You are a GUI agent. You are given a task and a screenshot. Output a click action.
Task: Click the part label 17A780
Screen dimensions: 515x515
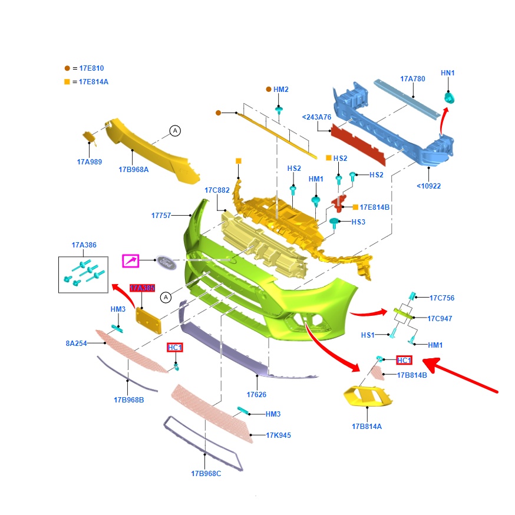click(412, 79)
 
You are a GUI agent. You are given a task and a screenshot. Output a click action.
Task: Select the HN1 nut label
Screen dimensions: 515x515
click(448, 73)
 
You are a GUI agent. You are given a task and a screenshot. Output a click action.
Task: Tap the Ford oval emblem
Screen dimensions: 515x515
click(166, 262)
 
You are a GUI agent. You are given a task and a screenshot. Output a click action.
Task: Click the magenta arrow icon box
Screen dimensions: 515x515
click(131, 261)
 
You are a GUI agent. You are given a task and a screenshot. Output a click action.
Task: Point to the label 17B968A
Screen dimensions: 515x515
click(134, 170)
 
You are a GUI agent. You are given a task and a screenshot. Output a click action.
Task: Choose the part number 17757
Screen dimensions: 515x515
click(161, 216)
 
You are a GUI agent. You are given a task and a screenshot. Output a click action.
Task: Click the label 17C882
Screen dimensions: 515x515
click(217, 190)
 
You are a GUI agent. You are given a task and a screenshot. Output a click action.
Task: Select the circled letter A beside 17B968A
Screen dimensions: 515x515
click(175, 131)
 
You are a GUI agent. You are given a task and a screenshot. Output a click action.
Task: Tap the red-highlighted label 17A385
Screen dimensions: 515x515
click(142, 288)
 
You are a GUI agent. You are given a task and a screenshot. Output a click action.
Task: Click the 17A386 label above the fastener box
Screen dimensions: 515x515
click(84, 245)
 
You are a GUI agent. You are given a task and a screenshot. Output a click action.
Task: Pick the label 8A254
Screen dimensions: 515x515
click(76, 343)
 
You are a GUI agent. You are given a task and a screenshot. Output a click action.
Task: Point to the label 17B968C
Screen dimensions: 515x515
click(206, 473)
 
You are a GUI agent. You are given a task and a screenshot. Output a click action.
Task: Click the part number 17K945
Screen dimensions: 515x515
click(279, 435)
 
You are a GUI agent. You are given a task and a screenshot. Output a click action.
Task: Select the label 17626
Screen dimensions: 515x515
click(256, 394)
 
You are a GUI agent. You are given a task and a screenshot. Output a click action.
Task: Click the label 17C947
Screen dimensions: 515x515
click(440, 319)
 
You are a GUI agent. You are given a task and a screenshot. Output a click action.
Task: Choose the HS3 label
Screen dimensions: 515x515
click(358, 222)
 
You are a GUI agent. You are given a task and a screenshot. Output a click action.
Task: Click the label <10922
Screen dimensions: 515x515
click(428, 186)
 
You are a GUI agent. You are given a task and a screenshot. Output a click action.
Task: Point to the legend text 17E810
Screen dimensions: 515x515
click(92, 68)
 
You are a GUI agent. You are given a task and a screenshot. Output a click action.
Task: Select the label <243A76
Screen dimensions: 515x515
click(316, 117)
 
